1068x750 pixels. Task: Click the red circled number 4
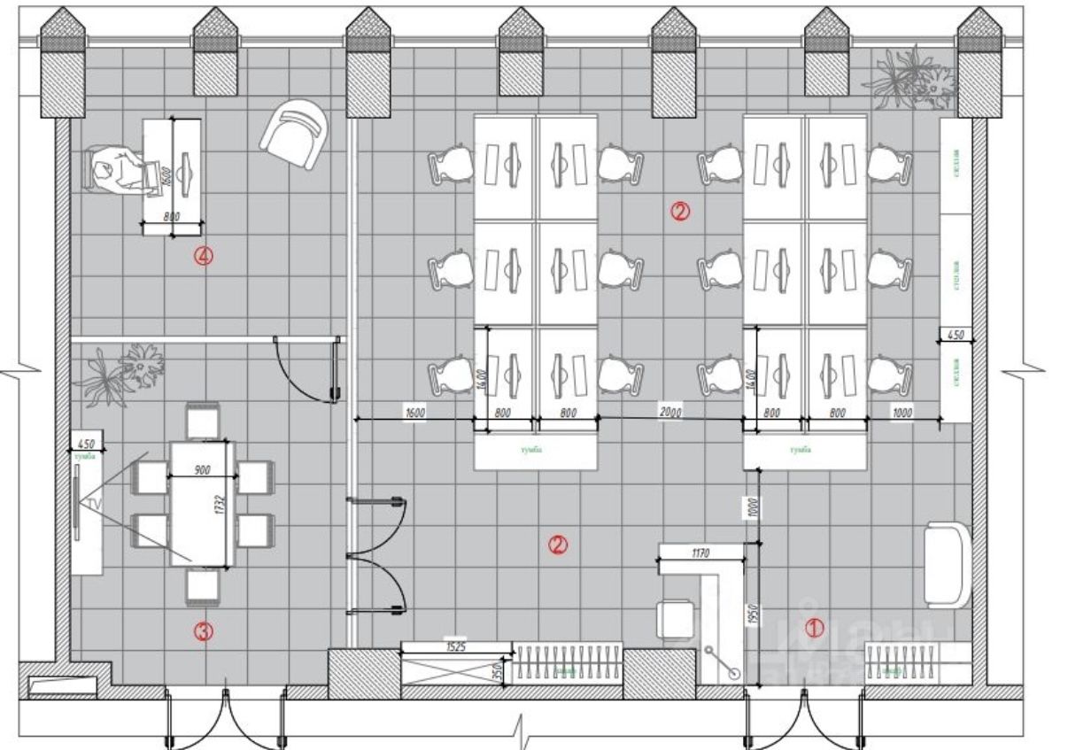pos(205,257)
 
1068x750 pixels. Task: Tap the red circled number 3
pos(204,631)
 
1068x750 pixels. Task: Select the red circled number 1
pos(814,628)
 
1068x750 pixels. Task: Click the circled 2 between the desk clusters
pos(679,211)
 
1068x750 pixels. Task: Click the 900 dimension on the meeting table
pos(201,470)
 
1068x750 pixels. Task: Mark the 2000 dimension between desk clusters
pos(670,413)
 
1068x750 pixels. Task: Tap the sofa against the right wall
pos(947,565)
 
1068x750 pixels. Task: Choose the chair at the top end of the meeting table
pos(203,421)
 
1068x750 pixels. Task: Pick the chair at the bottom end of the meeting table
pos(203,585)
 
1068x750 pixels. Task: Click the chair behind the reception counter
pos(677,617)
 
